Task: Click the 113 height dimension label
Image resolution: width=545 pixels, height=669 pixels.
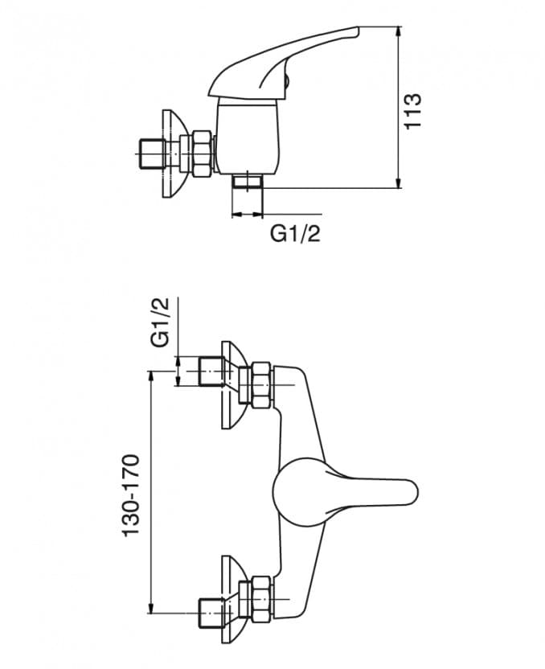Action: tap(412, 111)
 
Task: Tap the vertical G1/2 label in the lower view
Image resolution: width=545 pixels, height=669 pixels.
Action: tap(161, 322)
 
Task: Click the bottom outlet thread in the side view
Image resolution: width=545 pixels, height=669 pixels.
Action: tap(248, 181)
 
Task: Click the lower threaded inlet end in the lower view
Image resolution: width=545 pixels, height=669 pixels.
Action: tap(211, 614)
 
